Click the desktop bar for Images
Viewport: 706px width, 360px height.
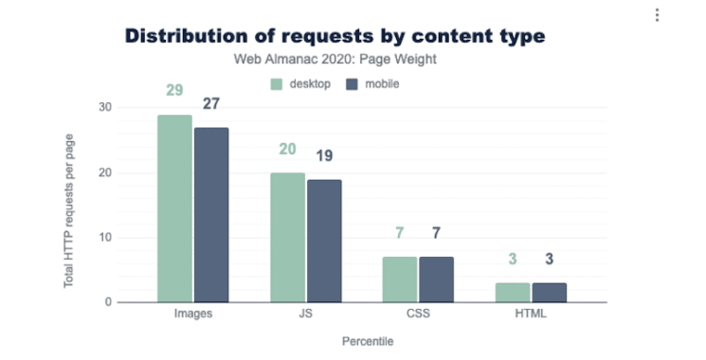tap(174, 208)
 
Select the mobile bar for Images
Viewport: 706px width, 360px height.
tap(211, 215)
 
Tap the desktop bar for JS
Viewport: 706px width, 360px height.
tap(287, 238)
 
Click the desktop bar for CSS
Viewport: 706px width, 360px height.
tap(400, 279)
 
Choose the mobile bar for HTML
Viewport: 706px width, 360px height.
tap(549, 293)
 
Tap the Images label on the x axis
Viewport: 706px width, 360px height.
tap(192, 314)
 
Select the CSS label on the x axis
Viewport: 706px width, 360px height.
tap(418, 314)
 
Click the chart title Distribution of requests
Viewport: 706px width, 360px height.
tap(335, 36)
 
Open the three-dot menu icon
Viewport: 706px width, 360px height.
tap(656, 15)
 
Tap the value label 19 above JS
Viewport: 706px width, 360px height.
tap(324, 156)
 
